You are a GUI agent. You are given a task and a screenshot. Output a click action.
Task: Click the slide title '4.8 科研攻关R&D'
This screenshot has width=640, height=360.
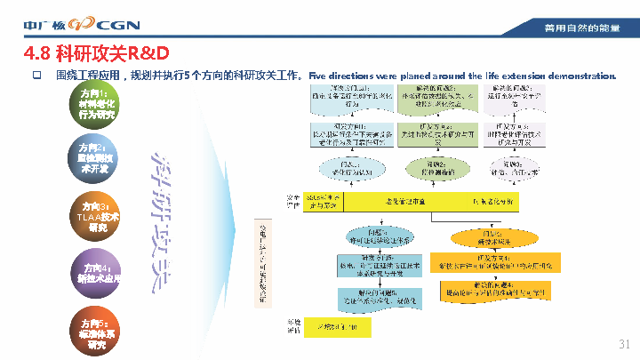[x=97, y=52]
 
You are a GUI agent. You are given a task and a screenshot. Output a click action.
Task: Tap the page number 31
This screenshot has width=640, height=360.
[x=624, y=344]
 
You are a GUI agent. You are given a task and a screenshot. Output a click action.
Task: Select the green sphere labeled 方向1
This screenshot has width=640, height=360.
[x=95, y=104]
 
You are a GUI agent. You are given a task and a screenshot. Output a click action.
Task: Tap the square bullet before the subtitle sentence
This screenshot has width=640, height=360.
[x=37, y=76]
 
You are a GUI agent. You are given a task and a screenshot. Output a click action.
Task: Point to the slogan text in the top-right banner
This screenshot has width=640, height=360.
[x=582, y=29]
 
